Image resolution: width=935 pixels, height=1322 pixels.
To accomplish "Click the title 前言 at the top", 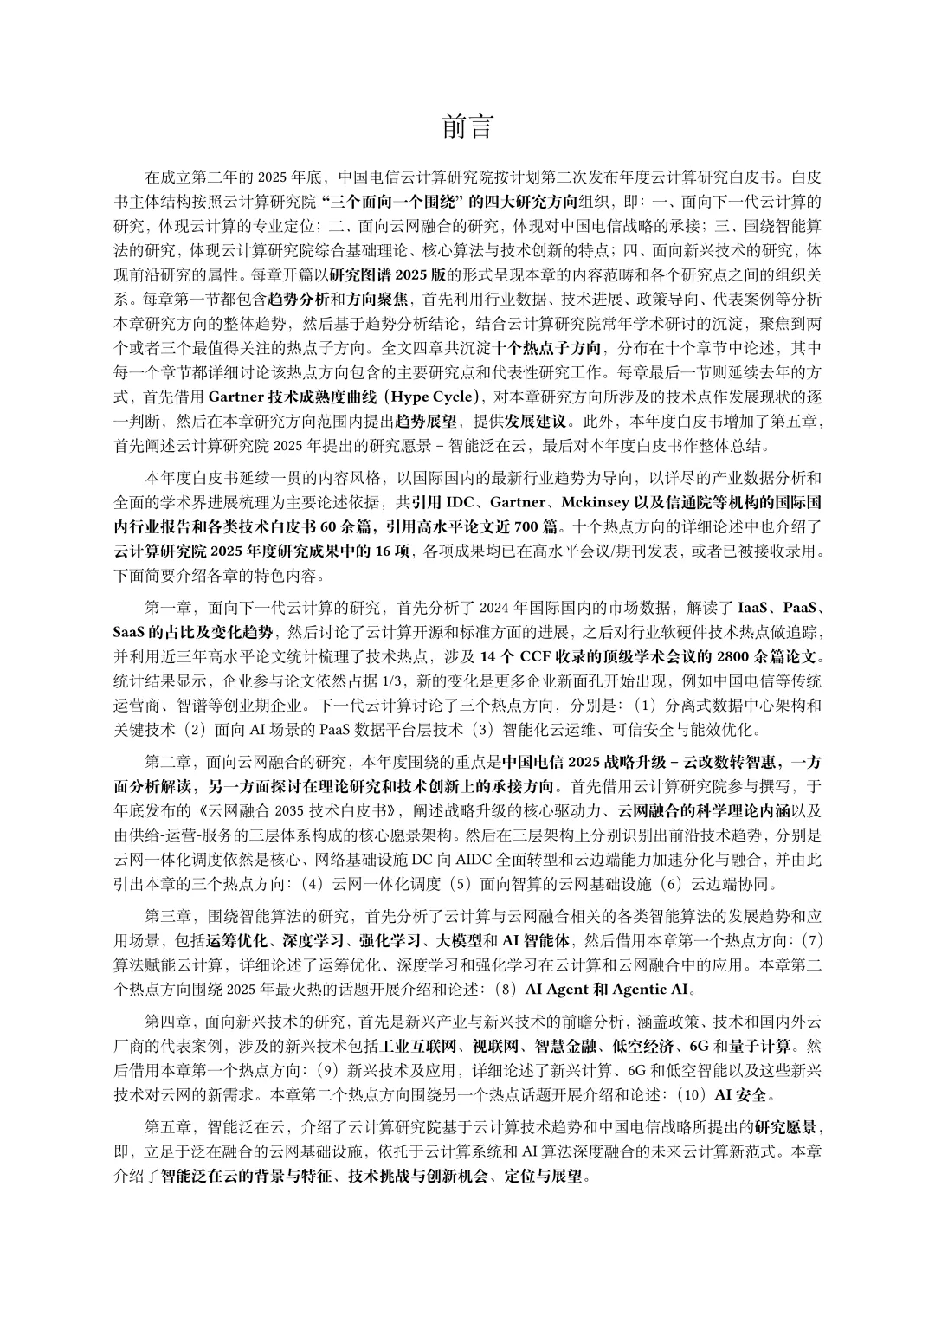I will [x=467, y=127].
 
